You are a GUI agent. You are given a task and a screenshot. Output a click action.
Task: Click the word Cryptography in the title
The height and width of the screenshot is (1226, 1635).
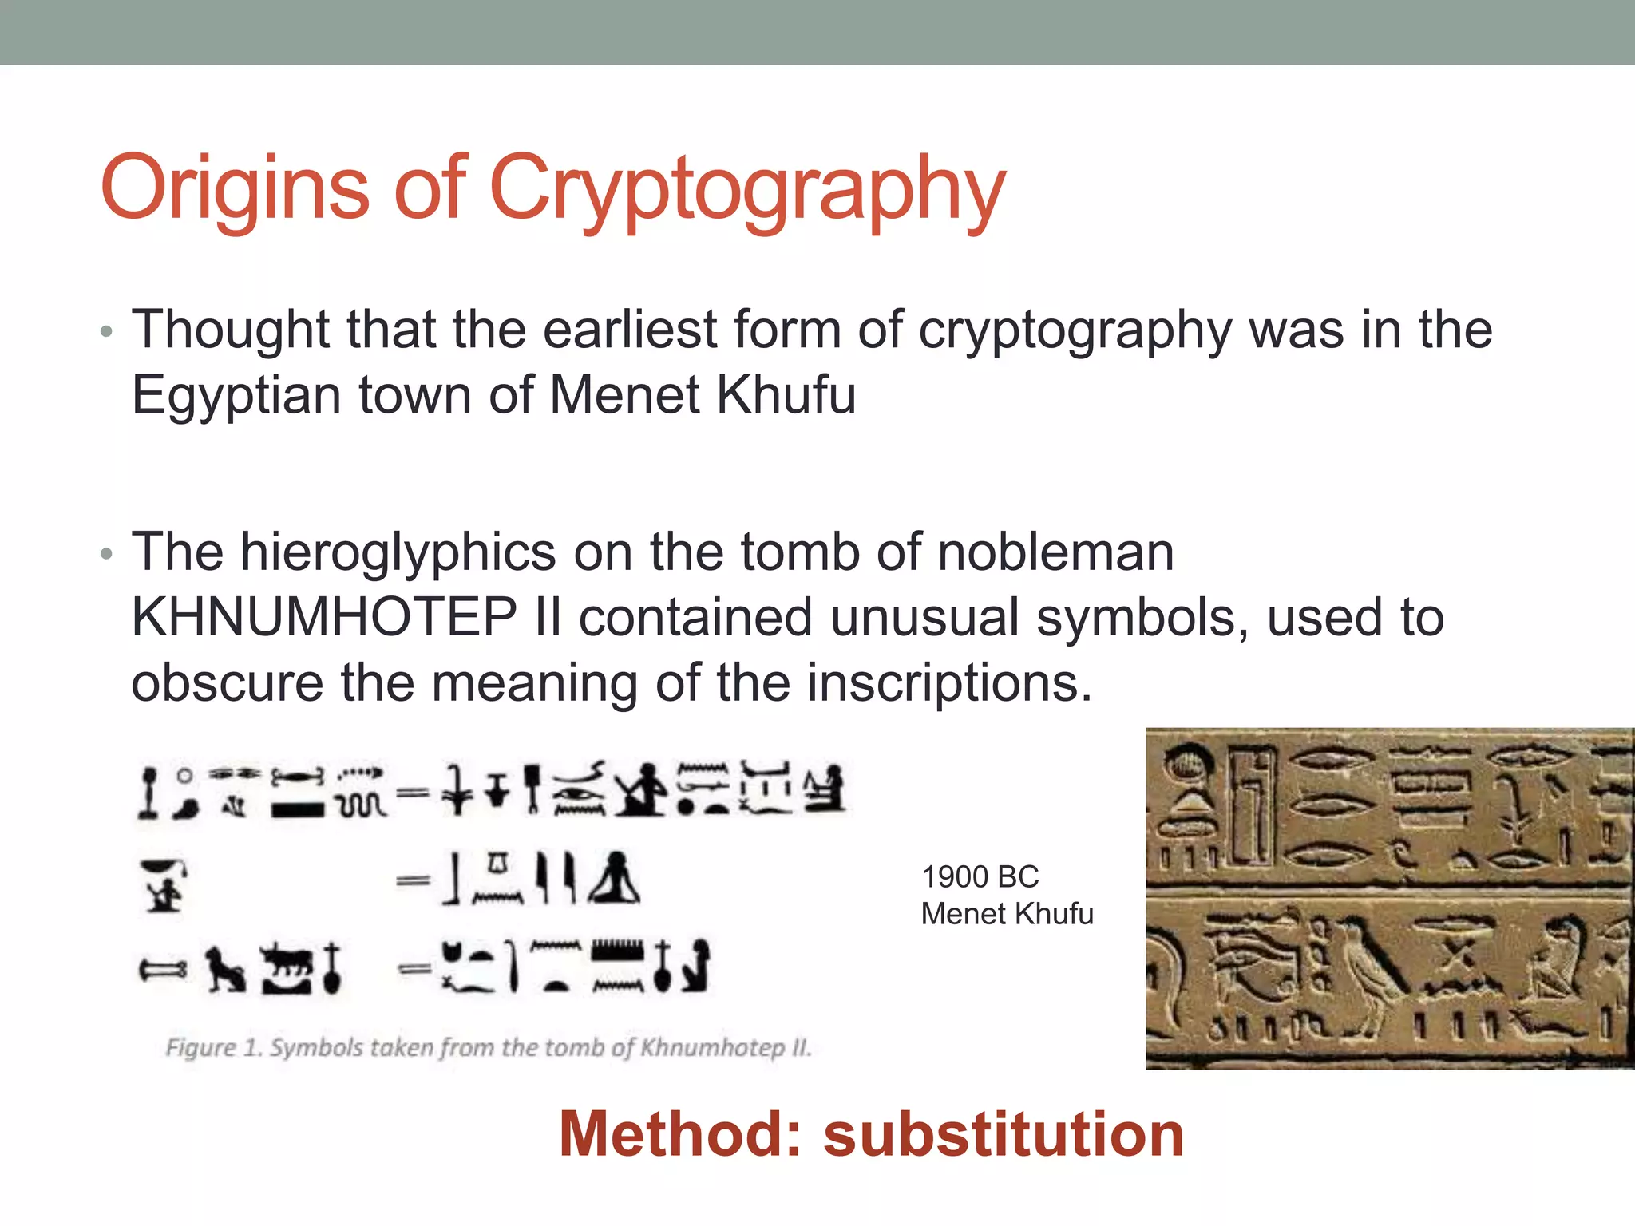746,190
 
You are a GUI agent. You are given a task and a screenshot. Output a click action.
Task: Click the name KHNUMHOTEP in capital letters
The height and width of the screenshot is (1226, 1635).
324,618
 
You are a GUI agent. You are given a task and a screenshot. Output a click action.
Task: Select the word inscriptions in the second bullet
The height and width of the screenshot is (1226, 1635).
948,683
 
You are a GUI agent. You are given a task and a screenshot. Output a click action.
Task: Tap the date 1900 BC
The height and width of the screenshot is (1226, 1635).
980,877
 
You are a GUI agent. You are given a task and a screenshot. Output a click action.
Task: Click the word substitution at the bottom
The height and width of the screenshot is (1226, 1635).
1004,1134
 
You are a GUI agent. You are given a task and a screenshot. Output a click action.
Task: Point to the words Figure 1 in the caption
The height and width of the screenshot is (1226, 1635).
213,1047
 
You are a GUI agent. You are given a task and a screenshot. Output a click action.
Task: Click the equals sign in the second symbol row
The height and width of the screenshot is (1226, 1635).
413,880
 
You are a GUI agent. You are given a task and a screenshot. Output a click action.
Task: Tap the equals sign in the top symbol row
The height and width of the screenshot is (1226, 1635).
413,793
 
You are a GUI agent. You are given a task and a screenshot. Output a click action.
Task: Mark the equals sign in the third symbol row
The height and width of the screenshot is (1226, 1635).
413,968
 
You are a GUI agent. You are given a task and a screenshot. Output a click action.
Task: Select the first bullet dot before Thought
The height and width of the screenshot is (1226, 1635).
107,331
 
